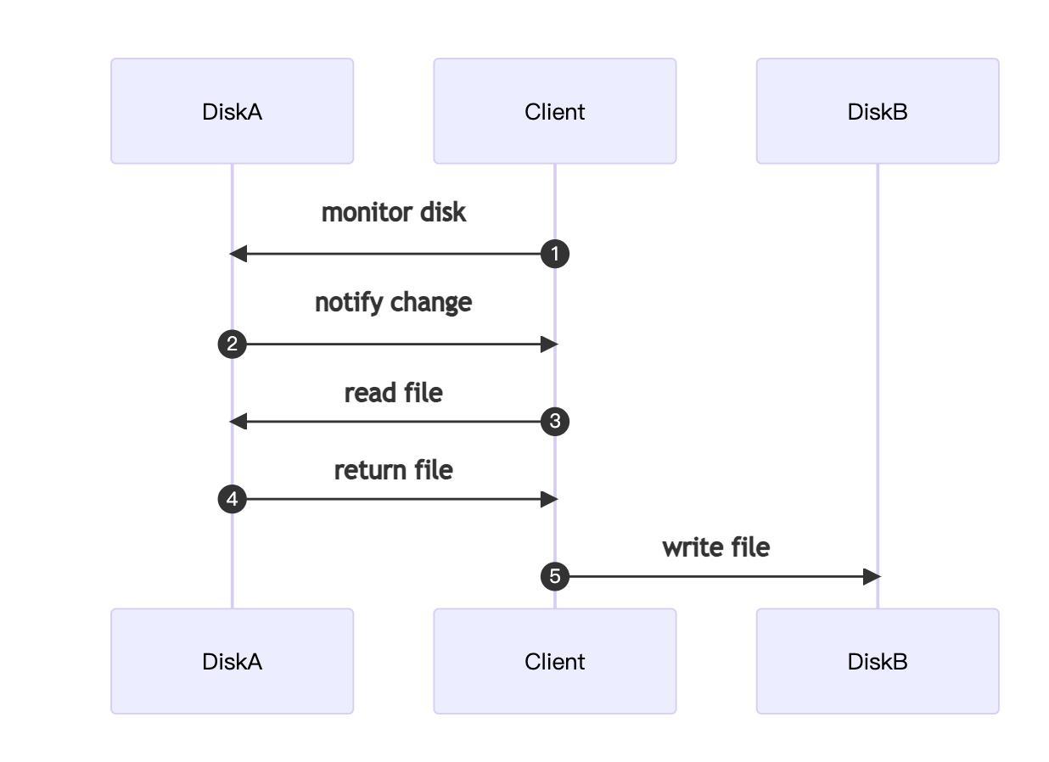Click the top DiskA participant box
click(x=232, y=111)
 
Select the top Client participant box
click(x=554, y=111)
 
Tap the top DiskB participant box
click(x=877, y=111)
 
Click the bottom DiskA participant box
click(x=232, y=661)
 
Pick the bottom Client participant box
click(x=554, y=661)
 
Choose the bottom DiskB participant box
click(x=877, y=661)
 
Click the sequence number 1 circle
click(x=555, y=254)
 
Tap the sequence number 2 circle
click(x=232, y=345)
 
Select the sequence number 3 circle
click(x=555, y=422)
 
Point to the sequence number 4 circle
click(x=232, y=499)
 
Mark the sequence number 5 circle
click(x=555, y=577)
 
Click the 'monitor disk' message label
click(x=393, y=212)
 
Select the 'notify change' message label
click(x=393, y=303)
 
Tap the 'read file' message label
click(x=393, y=393)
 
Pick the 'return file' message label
click(x=393, y=470)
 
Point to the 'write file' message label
click(x=715, y=547)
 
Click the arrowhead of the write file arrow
click(x=872, y=577)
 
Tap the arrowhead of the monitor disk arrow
click(x=238, y=254)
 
